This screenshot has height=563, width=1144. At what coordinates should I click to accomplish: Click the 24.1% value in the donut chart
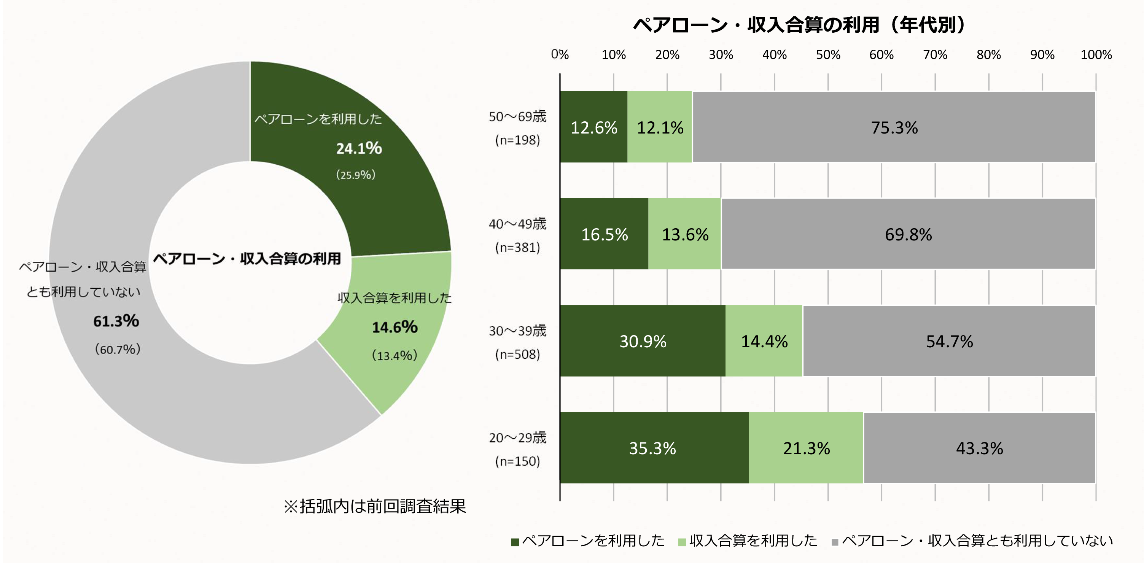tap(359, 148)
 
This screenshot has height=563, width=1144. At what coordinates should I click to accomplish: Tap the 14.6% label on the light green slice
tap(395, 327)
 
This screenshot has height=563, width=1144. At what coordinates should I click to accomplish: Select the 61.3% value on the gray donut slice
tap(116, 321)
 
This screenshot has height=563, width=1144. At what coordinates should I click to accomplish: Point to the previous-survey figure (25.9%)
tap(356, 175)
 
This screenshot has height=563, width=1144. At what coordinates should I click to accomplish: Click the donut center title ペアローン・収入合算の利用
tap(247, 258)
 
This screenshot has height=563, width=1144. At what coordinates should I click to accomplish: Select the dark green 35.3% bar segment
tap(653, 448)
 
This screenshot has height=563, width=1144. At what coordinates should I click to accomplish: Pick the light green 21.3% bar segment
tap(806, 448)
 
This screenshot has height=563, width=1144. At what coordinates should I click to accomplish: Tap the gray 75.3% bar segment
tap(894, 127)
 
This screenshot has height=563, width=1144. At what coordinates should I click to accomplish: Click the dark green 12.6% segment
tap(594, 127)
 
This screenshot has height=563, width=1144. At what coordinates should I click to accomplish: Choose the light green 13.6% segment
tap(685, 234)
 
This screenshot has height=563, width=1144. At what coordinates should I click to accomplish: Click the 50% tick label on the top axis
tap(828, 55)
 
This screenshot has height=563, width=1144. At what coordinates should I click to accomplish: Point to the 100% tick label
tap(1096, 55)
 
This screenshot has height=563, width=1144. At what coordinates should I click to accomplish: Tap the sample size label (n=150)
tap(517, 461)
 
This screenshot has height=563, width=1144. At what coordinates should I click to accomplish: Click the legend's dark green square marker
tap(515, 542)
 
